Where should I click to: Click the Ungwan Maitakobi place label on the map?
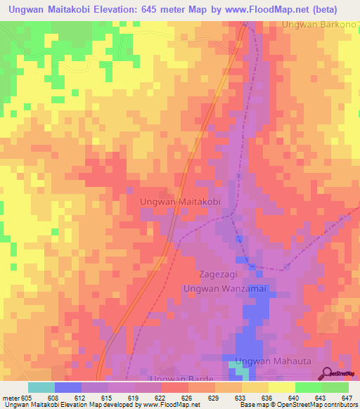pos(181,202)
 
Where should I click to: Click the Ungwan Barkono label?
pos(321,25)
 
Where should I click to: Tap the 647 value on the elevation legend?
pos(348,397)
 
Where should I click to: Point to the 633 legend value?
pos(241,397)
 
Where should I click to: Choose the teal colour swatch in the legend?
pos(41,387)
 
